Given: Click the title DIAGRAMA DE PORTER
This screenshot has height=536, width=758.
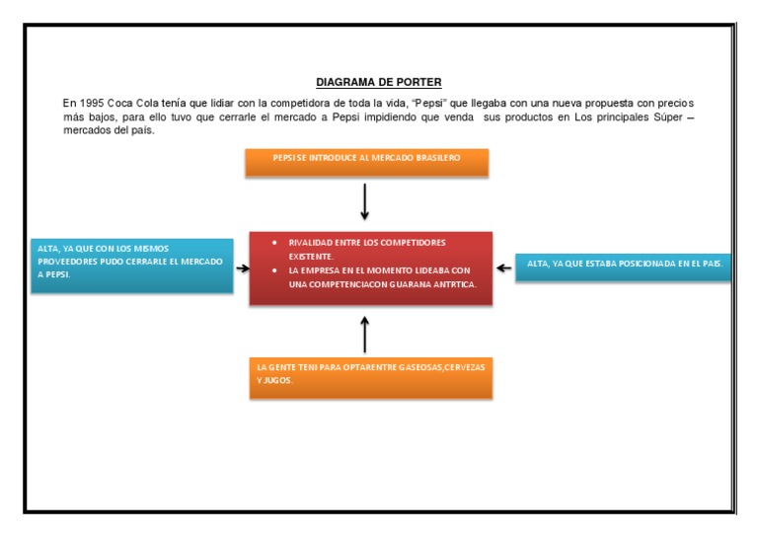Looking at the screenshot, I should click(378, 82).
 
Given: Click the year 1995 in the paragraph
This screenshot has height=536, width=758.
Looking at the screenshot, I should click(90, 103).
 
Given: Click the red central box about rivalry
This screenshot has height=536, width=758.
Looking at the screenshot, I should click(371, 268).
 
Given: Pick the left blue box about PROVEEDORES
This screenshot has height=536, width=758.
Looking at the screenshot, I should click(130, 266).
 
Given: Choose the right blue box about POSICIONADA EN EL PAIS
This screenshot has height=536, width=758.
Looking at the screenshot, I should click(623, 266).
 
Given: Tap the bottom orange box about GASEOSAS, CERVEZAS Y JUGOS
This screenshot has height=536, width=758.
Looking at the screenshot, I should click(370, 377).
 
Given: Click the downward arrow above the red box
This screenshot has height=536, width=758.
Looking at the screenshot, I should click(365, 201).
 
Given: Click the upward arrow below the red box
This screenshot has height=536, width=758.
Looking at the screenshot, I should click(365, 334).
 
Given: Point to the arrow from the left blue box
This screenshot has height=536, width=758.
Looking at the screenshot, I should click(243, 268).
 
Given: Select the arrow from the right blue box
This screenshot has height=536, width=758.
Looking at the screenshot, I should click(503, 268).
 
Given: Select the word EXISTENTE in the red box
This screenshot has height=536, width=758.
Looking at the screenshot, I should click(311, 256).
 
